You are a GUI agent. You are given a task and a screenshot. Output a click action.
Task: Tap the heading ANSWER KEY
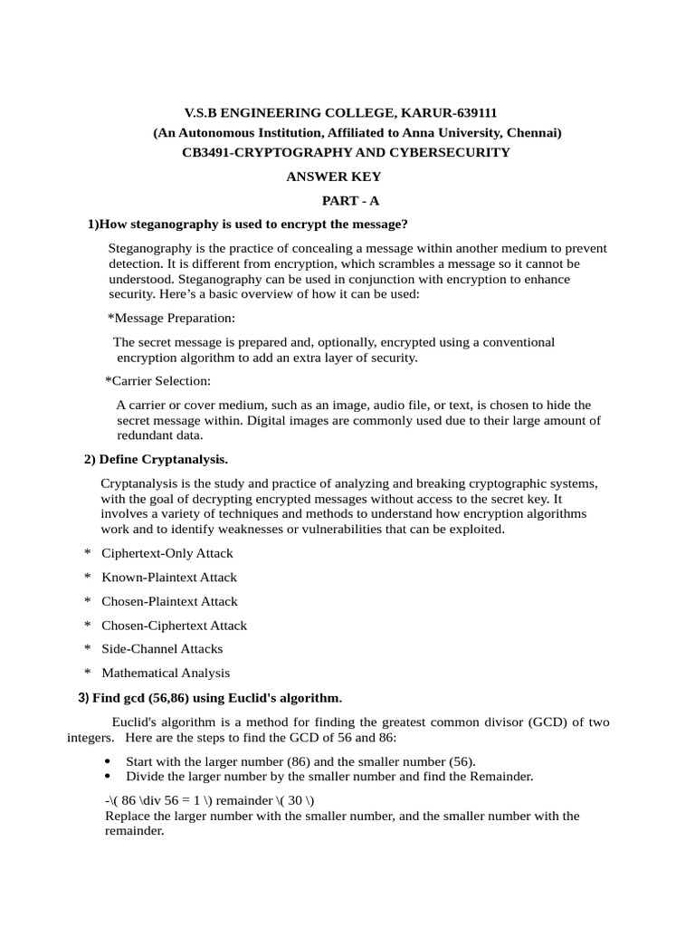click(334, 177)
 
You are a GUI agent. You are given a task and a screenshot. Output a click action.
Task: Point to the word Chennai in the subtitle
click(533, 133)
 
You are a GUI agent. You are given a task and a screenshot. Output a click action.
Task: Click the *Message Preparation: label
click(171, 318)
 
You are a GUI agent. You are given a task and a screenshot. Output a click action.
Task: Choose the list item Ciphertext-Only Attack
click(167, 553)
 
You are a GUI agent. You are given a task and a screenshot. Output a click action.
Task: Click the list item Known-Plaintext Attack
click(169, 577)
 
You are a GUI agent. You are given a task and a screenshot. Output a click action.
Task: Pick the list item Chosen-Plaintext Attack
click(169, 601)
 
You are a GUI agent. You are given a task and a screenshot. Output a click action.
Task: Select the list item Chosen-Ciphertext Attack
click(174, 625)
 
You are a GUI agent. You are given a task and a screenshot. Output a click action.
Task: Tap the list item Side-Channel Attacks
click(162, 648)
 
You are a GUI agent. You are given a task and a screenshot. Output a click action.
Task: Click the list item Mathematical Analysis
click(166, 673)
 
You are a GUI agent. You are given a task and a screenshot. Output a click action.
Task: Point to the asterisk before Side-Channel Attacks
click(88, 649)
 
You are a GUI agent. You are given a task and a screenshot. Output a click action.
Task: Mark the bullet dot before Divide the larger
click(109, 777)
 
